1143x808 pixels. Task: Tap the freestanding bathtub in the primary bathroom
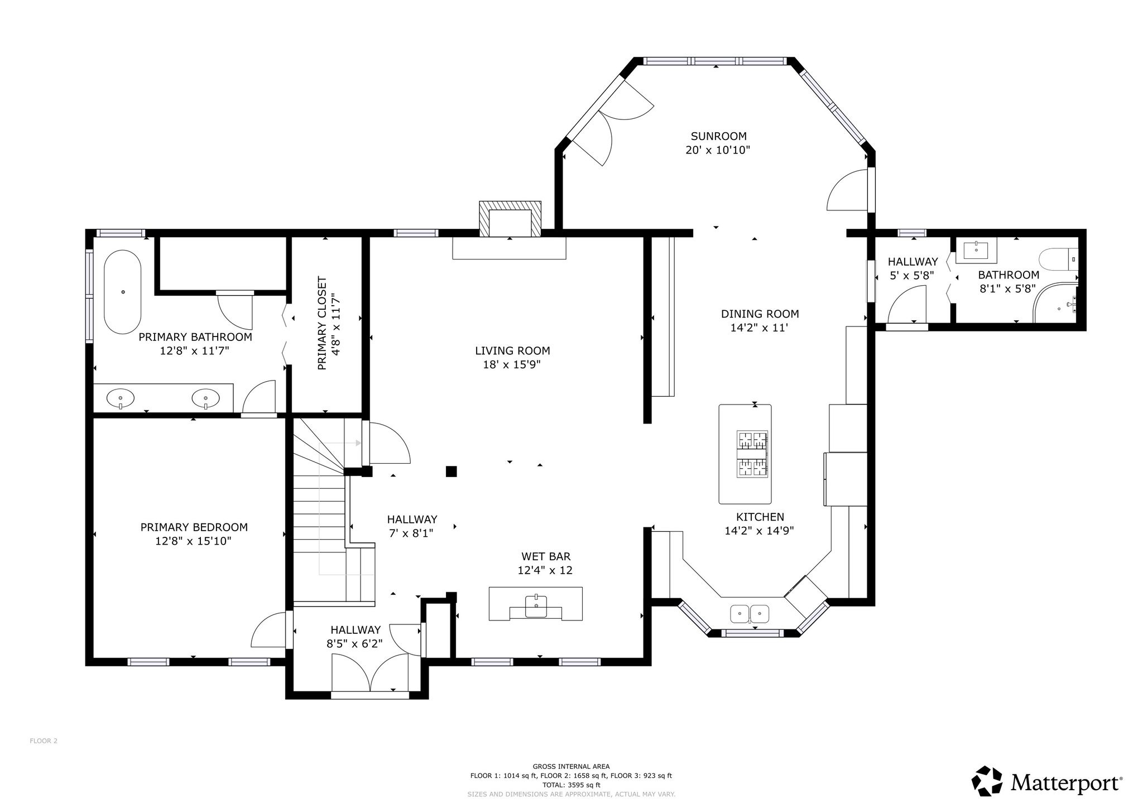coord(123,292)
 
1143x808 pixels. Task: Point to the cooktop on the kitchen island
coord(752,454)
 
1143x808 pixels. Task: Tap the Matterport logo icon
coord(988,781)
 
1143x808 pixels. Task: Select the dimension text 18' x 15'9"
coord(512,365)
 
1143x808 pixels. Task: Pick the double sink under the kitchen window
coord(750,614)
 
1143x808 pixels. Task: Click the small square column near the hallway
coord(452,472)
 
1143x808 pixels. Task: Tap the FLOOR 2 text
coord(44,741)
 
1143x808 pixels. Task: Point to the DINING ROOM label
coord(760,314)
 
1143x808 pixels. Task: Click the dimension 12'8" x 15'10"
coord(193,541)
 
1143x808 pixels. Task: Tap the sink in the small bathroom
coord(976,251)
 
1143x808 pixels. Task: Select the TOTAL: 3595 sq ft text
coord(571,785)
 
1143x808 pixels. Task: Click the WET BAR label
coord(546,556)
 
